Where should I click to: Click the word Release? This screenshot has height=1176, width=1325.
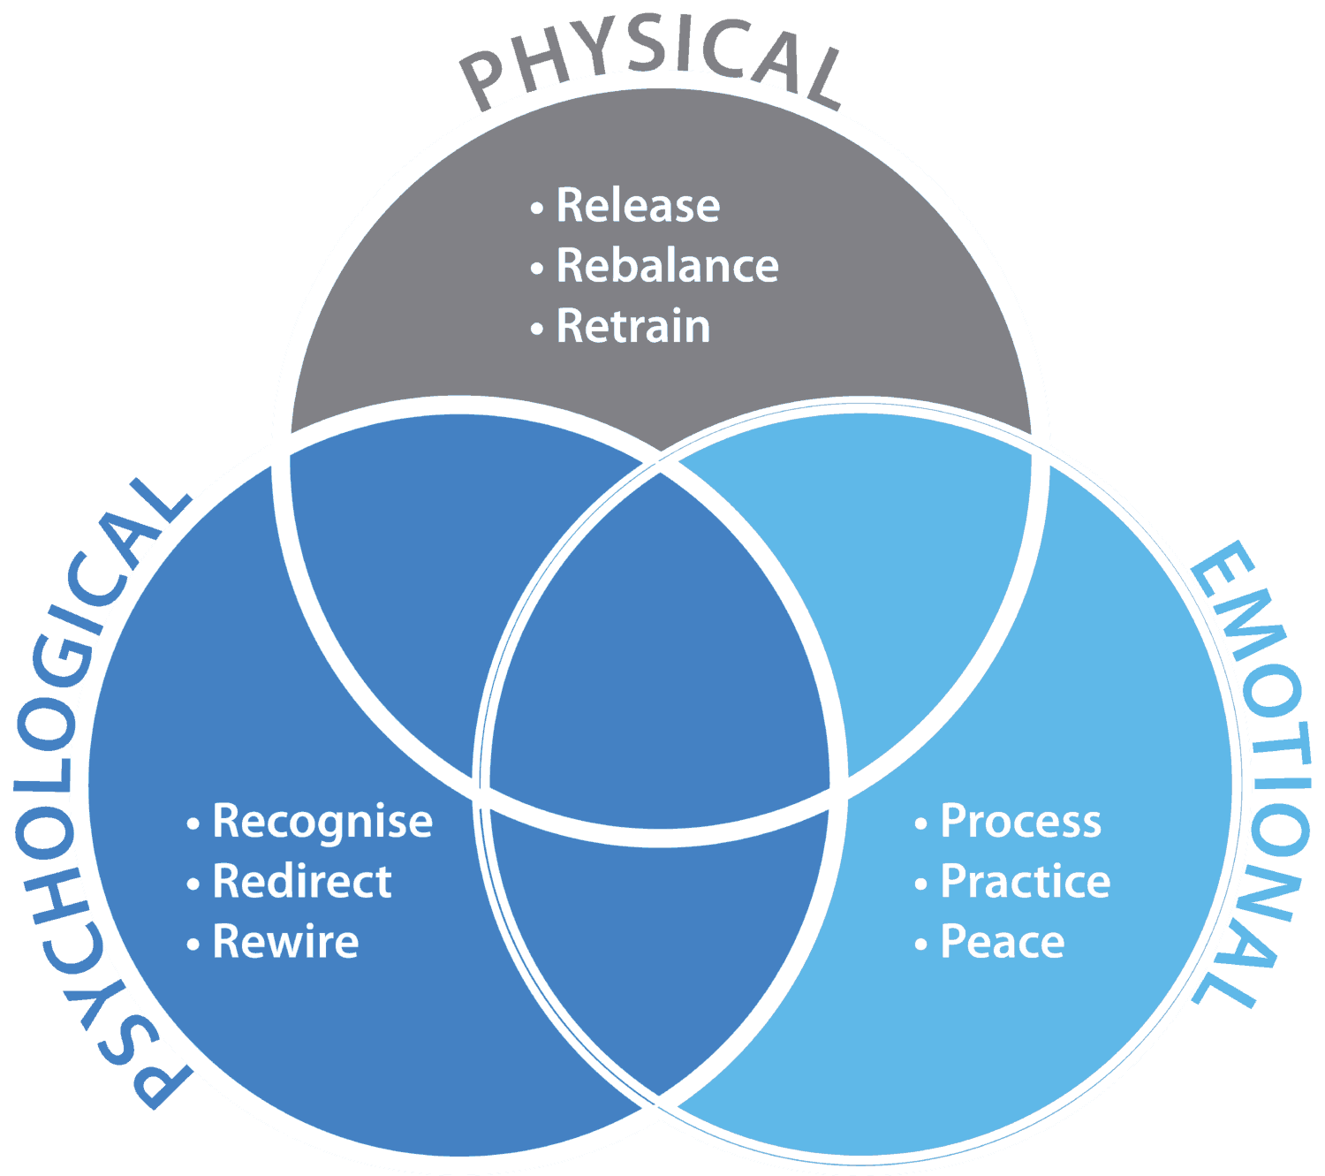point(638,206)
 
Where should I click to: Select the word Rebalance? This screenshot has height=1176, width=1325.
point(667,266)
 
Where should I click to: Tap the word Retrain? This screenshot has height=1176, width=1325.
point(632,327)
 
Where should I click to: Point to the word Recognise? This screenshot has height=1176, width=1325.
point(322,822)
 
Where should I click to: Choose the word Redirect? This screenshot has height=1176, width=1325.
point(302,882)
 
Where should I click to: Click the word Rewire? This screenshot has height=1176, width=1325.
point(285,942)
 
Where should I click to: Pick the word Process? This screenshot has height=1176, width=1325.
point(1020,822)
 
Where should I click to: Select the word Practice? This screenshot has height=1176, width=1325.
point(1025,882)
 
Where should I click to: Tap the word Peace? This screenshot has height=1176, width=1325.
point(1002,942)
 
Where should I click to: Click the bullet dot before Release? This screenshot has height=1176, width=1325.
point(536,209)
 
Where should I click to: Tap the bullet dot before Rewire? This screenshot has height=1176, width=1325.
point(193,945)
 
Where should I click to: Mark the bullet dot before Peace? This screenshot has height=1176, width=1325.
point(920,945)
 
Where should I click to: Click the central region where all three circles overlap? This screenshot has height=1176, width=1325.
point(659,654)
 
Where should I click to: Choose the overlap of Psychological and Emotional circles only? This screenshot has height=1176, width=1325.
point(659,954)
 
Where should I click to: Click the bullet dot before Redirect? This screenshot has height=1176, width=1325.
point(193,885)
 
